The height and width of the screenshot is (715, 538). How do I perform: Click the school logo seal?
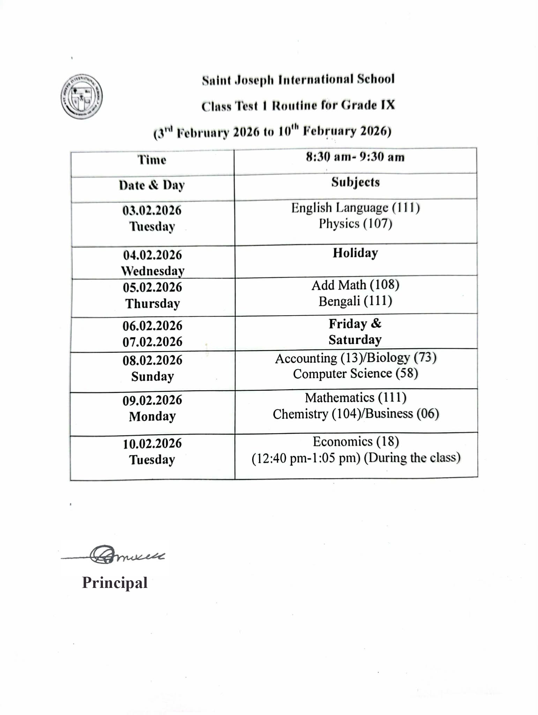82,97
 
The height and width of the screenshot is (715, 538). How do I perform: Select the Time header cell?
152,160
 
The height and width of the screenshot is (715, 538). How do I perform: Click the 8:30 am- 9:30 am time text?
355,157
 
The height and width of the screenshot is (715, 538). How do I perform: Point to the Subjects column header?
355,182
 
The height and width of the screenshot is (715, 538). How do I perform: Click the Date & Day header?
152,185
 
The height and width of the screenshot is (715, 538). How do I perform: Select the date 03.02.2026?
152,211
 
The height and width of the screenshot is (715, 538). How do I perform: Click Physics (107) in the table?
355,223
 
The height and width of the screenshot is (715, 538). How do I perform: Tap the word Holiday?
355,253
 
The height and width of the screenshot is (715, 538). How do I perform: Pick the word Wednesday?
152,271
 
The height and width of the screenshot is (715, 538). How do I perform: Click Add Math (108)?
355,285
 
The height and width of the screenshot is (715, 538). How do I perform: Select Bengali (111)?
355,301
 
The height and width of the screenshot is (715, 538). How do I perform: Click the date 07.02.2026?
152,341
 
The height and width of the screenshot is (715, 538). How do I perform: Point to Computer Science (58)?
355,374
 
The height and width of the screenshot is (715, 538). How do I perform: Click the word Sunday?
152,376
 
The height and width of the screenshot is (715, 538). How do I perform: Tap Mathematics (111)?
355,398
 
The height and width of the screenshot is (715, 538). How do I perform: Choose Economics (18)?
355,442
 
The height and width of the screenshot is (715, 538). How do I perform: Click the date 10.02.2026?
152,444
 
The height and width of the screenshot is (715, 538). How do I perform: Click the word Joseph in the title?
254,80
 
